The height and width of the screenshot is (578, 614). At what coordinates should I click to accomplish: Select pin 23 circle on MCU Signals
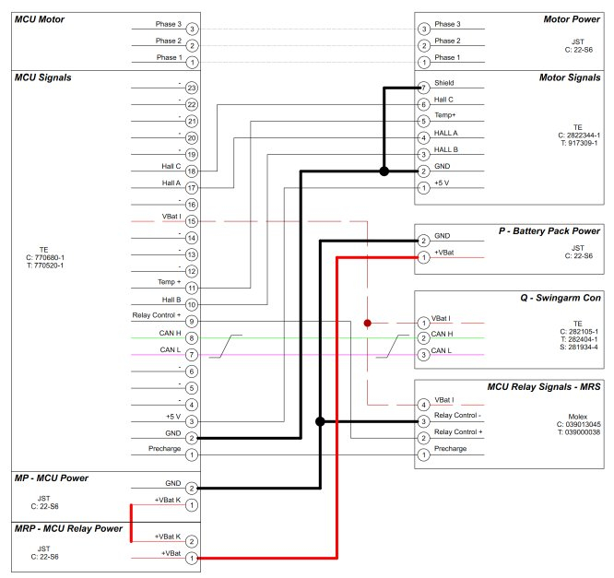coord(192,88)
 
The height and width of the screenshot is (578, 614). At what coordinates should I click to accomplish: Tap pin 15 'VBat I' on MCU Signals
coord(192,221)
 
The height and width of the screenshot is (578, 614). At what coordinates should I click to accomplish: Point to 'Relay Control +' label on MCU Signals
coord(158,316)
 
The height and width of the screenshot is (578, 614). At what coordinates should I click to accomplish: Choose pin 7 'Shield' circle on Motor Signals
coord(423,88)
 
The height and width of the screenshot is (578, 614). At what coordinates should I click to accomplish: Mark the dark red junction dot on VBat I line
coord(367,324)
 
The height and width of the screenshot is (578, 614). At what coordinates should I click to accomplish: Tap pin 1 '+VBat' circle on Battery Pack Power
coord(423,257)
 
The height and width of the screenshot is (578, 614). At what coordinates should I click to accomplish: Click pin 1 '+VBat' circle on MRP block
coord(192,558)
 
